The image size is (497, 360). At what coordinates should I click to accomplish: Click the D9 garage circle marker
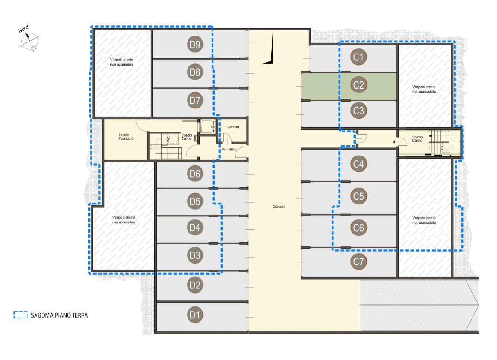195,44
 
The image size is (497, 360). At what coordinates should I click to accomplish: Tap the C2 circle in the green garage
358,85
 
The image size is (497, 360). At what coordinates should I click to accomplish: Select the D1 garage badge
195,315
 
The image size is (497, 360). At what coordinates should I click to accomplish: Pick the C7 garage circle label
358,262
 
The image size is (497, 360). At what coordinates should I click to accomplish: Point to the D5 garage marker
195,201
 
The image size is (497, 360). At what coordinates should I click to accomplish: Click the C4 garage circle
358,164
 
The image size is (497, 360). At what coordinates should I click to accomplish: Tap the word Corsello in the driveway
279,206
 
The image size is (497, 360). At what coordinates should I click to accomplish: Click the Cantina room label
233,127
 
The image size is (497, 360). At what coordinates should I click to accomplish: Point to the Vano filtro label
229,149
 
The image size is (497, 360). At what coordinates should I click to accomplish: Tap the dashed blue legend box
21,315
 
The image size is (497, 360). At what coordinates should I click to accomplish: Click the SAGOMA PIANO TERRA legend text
59,315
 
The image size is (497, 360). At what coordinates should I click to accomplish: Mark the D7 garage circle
195,100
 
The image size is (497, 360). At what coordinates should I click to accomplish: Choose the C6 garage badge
358,228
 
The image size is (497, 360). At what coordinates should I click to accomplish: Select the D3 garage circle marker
195,255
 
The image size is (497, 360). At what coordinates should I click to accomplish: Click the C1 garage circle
358,57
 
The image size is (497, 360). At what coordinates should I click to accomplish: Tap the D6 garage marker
195,174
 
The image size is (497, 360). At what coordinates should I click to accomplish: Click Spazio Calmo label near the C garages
418,138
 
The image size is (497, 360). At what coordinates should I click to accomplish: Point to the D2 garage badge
195,285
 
